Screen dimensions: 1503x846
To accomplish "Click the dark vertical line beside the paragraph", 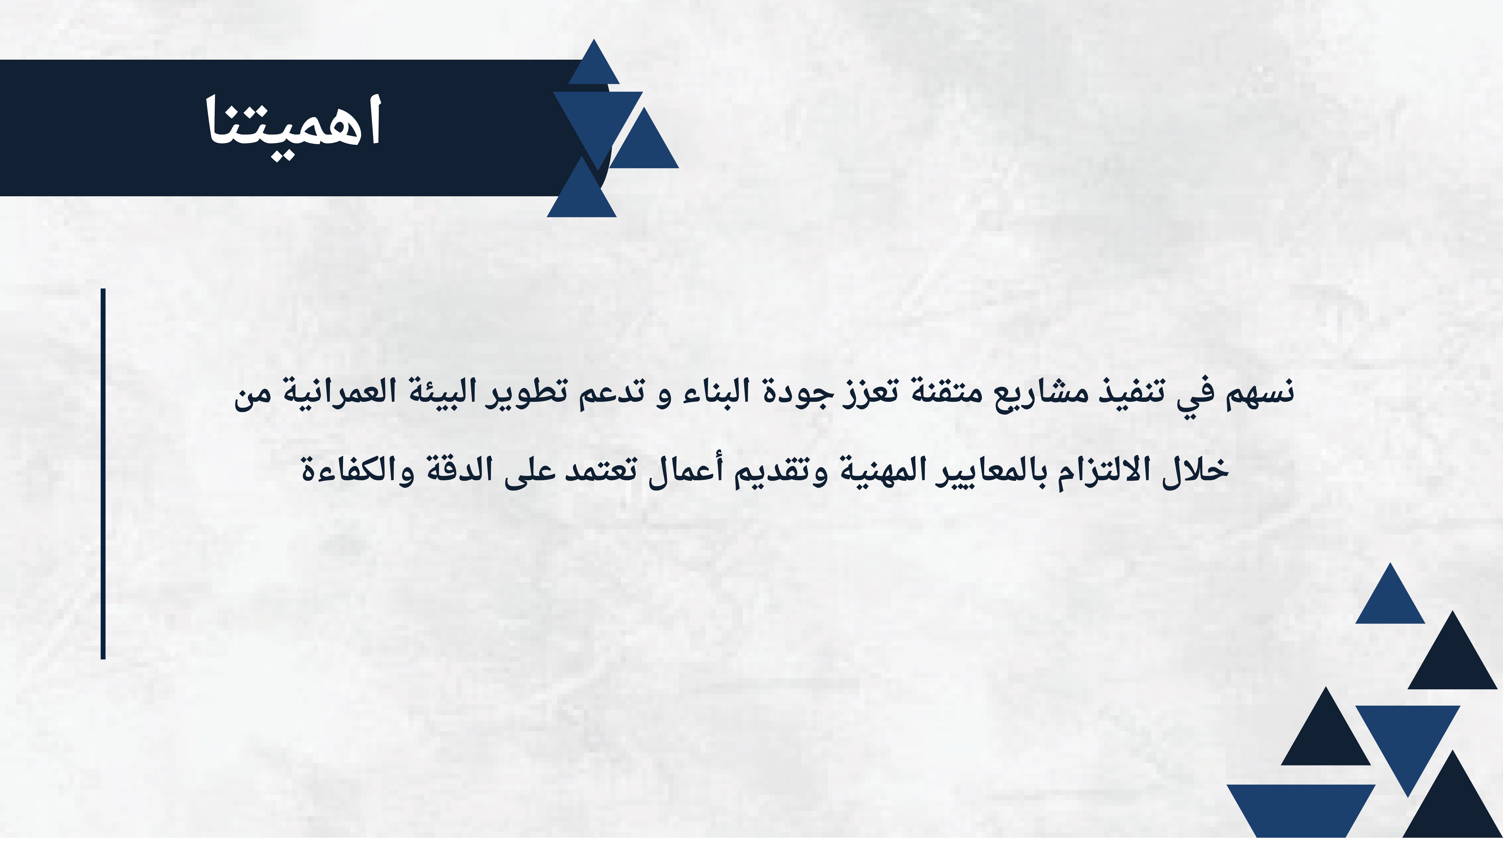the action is pos(103,474).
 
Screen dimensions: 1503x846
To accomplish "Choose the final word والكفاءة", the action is pos(357,470).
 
